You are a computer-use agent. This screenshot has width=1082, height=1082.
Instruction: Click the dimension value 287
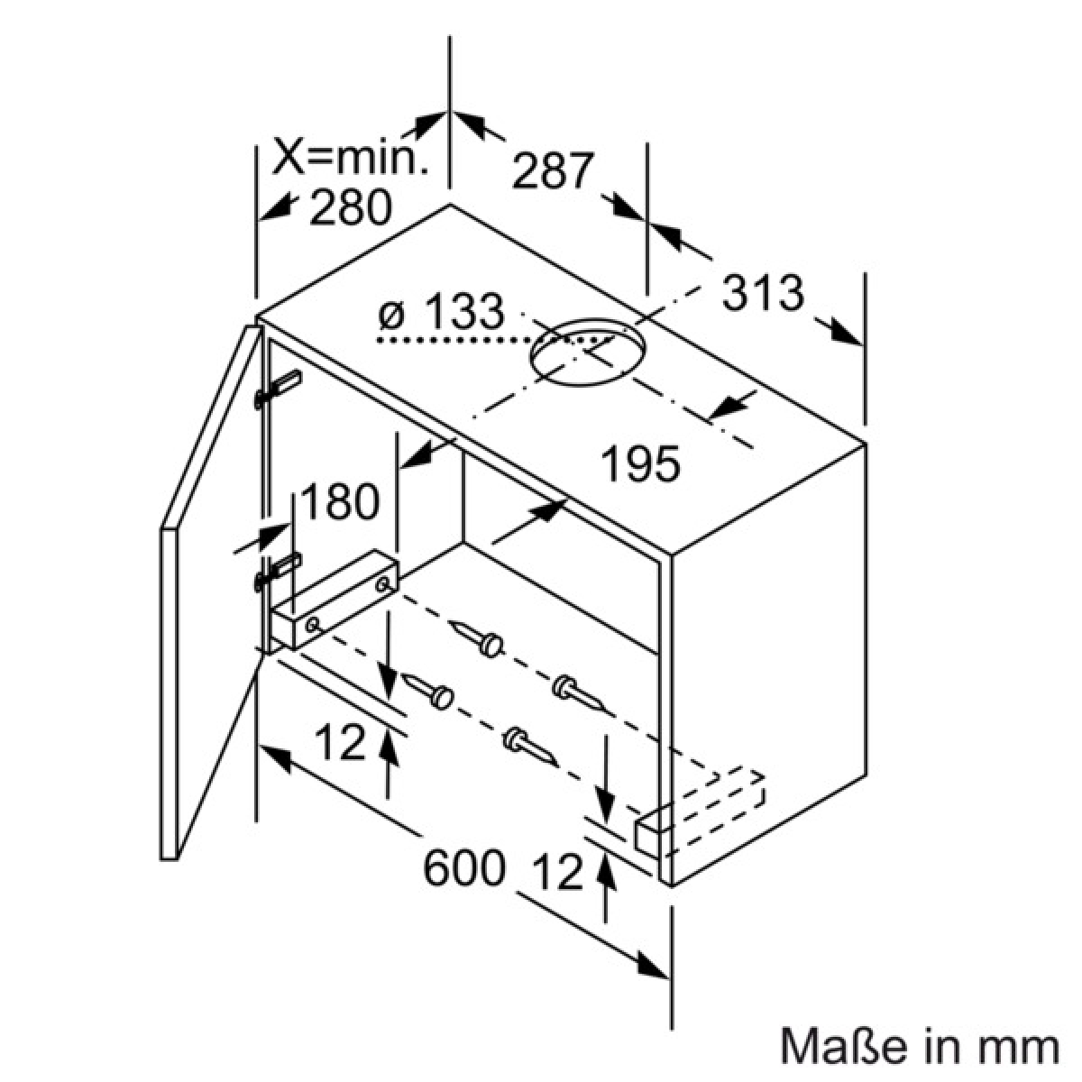(x=553, y=170)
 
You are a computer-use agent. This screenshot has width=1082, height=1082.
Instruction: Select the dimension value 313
(x=763, y=292)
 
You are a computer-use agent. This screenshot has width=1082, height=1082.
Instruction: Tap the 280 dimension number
(x=351, y=207)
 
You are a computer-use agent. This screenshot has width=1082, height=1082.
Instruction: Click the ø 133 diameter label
(x=441, y=311)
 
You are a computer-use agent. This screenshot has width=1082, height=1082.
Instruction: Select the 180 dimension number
(x=341, y=501)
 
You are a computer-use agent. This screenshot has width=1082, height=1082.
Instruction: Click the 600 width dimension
(x=463, y=867)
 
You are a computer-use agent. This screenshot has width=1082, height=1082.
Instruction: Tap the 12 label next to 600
(x=559, y=872)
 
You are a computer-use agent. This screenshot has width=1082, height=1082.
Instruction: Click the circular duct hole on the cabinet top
(x=588, y=352)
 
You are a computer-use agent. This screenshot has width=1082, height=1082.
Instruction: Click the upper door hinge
(x=279, y=389)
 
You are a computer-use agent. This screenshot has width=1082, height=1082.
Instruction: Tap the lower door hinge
(x=279, y=572)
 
